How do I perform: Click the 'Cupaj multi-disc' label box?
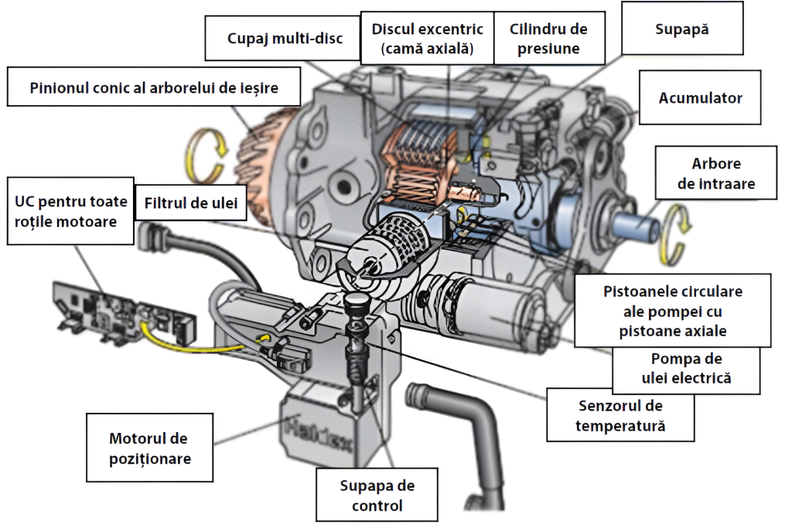pyautogui.click(x=285, y=38)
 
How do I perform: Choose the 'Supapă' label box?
pyautogui.click(x=681, y=29)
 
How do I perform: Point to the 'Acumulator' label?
pyautogui.click(x=700, y=98)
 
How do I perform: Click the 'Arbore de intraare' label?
pyautogui.click(x=715, y=174)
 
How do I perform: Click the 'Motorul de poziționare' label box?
pyautogui.click(x=148, y=448)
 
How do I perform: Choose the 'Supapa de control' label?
pyautogui.click(x=377, y=496)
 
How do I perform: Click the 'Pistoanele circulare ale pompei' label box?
pyautogui.click(x=672, y=312)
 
